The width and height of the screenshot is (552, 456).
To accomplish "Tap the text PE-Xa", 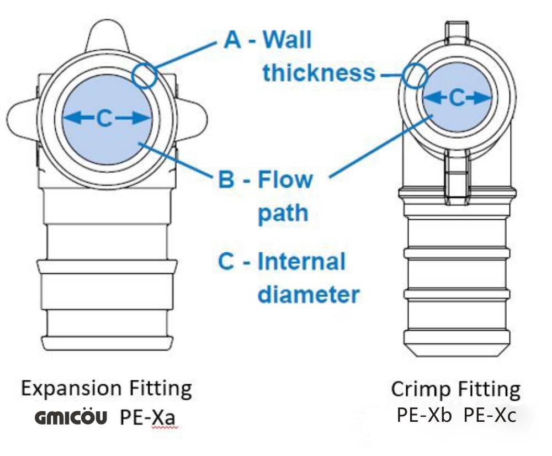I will [x=148, y=417].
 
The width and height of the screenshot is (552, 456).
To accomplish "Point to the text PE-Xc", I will [x=490, y=415].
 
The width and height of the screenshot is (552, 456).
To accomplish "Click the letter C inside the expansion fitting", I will [x=105, y=118].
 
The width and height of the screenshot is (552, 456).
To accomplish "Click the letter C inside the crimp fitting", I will [x=457, y=98].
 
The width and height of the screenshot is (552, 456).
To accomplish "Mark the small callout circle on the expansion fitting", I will [x=145, y=75].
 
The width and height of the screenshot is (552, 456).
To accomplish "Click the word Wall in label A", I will [x=286, y=40].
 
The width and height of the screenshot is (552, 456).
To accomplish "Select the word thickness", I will [x=319, y=72].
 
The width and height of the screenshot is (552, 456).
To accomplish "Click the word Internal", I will [x=301, y=261].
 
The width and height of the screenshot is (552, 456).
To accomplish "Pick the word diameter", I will [x=309, y=294].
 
